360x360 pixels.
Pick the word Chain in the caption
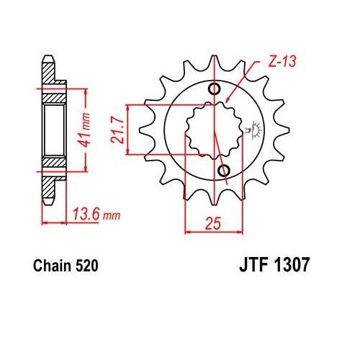[x=51, y=266]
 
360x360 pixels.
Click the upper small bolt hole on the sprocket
[x=214, y=89]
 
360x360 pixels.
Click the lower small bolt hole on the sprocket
[x=223, y=170]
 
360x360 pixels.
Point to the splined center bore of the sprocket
[x=214, y=130]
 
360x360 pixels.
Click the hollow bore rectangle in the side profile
[x=53, y=130]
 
